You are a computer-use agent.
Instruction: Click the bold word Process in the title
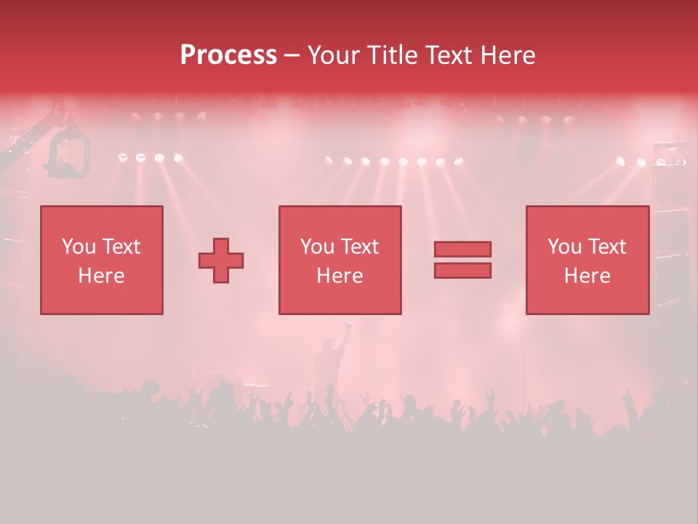coord(228,55)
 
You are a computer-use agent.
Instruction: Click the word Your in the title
coord(332,55)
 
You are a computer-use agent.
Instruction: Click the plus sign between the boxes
coord(221,260)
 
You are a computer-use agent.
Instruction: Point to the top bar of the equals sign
coord(462,249)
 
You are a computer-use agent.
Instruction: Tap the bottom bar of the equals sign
coord(462,270)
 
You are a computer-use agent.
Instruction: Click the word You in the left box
coord(78,247)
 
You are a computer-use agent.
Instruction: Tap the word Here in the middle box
coord(340,276)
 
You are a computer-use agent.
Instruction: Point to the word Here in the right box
coord(587,276)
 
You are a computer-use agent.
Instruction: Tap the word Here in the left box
coord(101,276)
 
